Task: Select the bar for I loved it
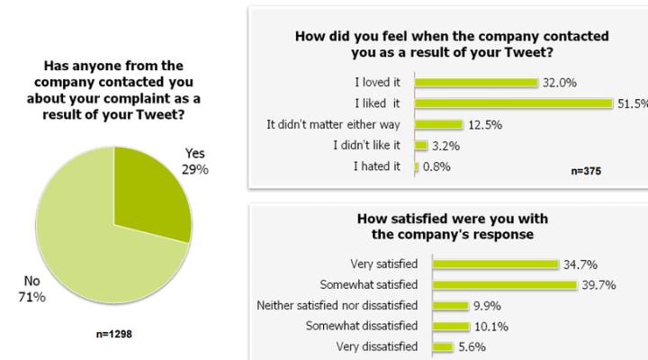[476, 83]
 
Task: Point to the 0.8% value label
[436, 166]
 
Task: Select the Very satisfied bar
[496, 264]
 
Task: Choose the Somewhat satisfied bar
[504, 284]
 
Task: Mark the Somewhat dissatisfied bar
[452, 326]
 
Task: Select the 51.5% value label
[629, 103]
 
